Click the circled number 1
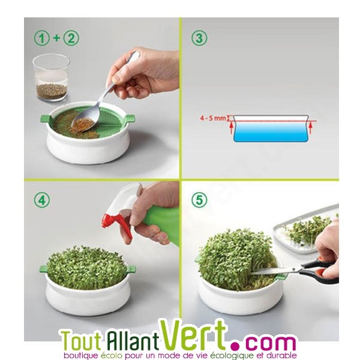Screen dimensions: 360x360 pyautogui.click(x=42, y=38)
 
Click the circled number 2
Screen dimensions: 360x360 pyautogui.click(x=71, y=38)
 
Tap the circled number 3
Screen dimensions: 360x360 pyautogui.click(x=199, y=38)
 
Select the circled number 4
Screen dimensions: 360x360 pyautogui.click(x=42, y=200)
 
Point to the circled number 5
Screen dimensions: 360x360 pyautogui.click(x=199, y=200)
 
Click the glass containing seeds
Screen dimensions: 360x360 pyautogui.click(x=52, y=77)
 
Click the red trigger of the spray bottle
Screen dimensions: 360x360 pyautogui.click(x=117, y=226)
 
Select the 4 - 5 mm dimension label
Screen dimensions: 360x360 pyautogui.click(x=213, y=118)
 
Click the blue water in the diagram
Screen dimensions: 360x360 pyautogui.click(x=271, y=131)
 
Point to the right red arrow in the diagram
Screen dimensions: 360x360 pyautogui.click(x=311, y=128)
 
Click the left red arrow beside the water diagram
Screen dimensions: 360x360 pyautogui.click(x=231, y=128)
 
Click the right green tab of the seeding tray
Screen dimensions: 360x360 pyautogui.click(x=130, y=118)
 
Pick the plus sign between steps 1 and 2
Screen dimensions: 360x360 pyautogui.click(x=56, y=38)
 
